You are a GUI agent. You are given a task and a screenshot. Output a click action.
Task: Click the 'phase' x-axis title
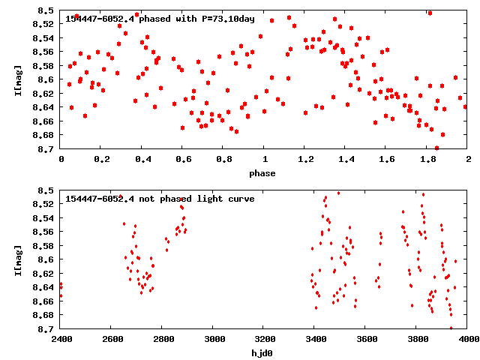(x=262, y=174)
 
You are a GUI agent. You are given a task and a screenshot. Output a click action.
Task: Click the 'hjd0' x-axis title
(x=262, y=353)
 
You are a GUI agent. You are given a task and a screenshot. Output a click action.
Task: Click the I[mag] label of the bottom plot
(x=17, y=259)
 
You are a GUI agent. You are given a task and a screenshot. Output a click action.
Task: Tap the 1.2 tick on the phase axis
(x=305, y=160)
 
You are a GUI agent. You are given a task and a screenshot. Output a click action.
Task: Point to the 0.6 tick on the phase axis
(x=183, y=160)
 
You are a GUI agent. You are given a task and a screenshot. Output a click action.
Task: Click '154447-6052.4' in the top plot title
(x=97, y=19)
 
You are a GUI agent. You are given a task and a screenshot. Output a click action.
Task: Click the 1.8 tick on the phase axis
(x=427, y=160)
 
